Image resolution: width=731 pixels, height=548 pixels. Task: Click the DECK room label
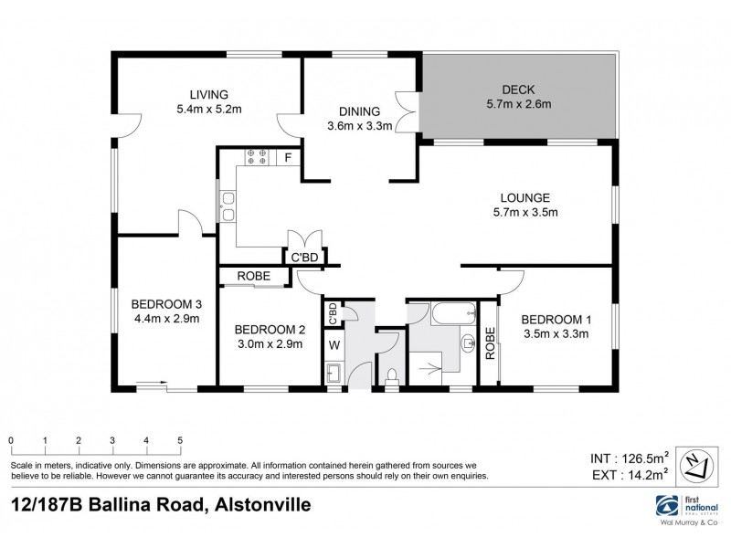tap(518, 90)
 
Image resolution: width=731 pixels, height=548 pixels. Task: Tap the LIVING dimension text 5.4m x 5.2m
tap(208, 109)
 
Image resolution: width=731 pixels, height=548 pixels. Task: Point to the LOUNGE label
tap(524, 197)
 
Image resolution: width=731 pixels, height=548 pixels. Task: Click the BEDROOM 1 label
tap(556, 319)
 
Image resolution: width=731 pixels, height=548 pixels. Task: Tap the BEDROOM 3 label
tap(165, 304)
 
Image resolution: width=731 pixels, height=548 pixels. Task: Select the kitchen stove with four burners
tap(255, 157)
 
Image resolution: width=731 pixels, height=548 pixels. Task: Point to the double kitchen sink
tap(227, 207)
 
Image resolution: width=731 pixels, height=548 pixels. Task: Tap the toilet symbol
tap(392, 375)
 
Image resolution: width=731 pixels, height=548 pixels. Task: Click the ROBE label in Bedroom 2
tap(252, 276)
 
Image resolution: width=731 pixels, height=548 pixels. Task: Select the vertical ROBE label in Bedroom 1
tap(490, 343)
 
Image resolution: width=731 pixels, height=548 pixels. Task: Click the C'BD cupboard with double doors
tap(304, 257)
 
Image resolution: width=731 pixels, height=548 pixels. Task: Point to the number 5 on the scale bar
tap(180, 441)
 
